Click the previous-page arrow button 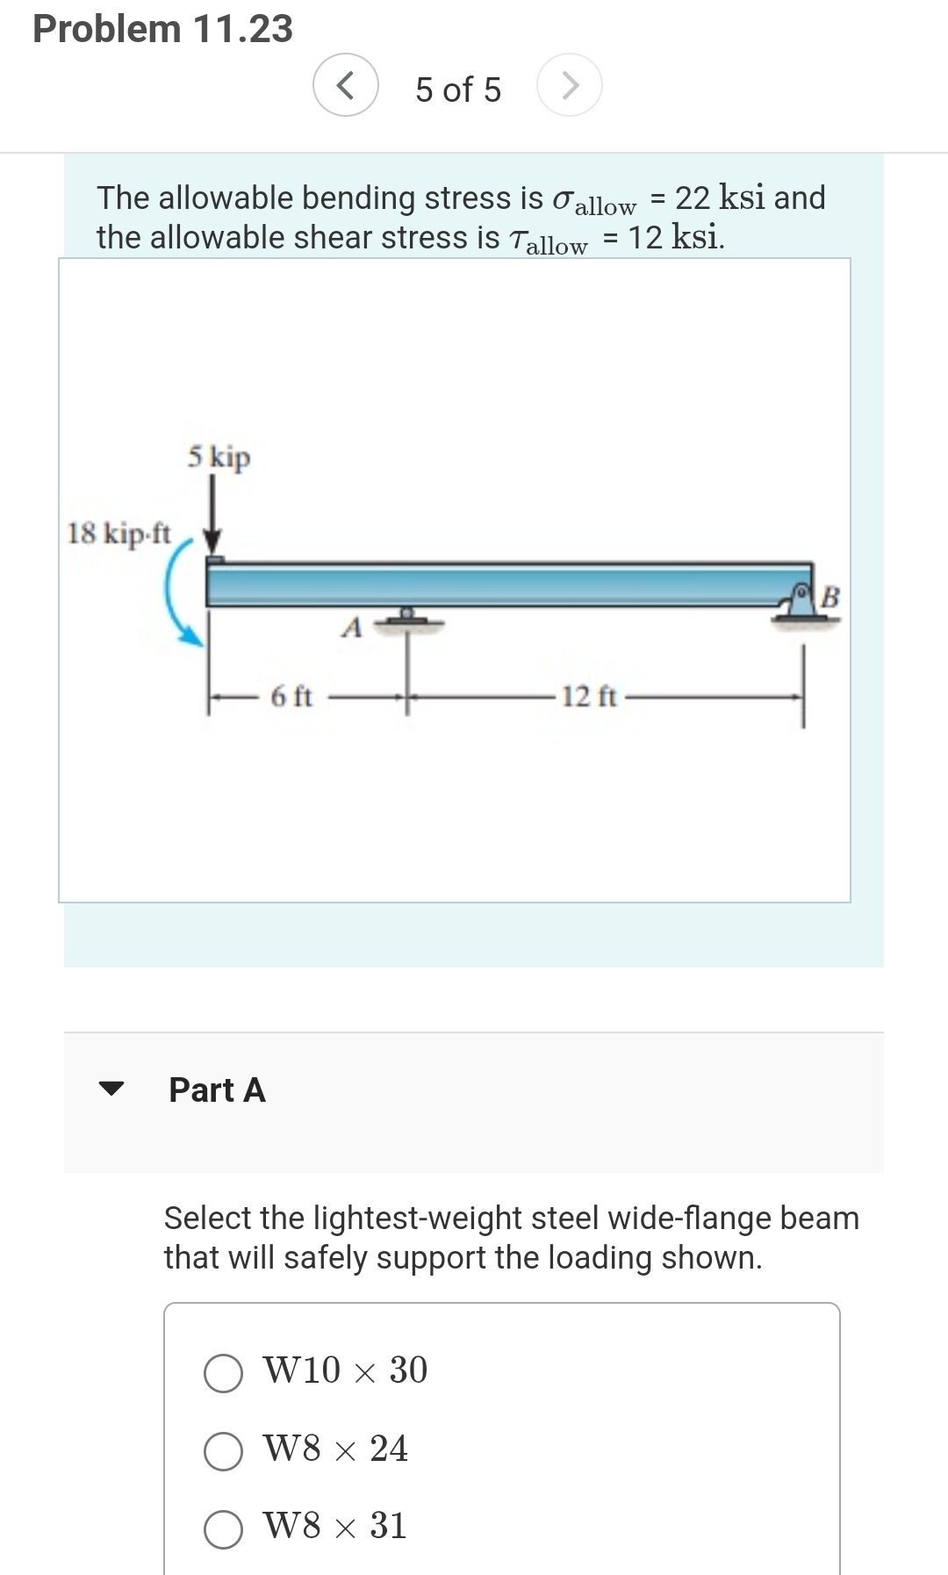click(x=346, y=86)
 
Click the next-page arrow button click(x=570, y=86)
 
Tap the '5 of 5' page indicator click(x=458, y=90)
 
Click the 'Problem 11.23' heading click(x=162, y=28)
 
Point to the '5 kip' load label click(x=219, y=457)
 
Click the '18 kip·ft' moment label click(x=119, y=533)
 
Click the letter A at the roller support click(x=352, y=628)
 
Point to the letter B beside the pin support click(x=830, y=597)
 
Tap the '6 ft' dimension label click(x=291, y=697)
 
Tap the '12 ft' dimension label click(x=589, y=697)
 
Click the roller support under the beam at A click(x=407, y=619)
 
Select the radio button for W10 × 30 click(x=223, y=1373)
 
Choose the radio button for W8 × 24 click(x=223, y=1451)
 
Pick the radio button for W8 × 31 click(x=223, y=1528)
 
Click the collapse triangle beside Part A click(x=111, y=1089)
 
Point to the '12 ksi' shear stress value click(x=676, y=237)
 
